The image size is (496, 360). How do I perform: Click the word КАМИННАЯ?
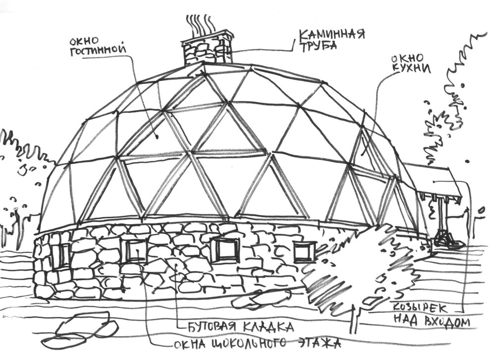331,34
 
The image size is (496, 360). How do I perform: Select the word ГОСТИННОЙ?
98,51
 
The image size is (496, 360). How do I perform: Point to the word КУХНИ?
412,69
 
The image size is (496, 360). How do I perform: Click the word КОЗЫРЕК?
420,309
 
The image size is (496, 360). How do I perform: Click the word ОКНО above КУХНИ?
407,58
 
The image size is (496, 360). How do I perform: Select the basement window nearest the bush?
305,252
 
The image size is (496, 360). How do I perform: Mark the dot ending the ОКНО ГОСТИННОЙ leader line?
157,137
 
